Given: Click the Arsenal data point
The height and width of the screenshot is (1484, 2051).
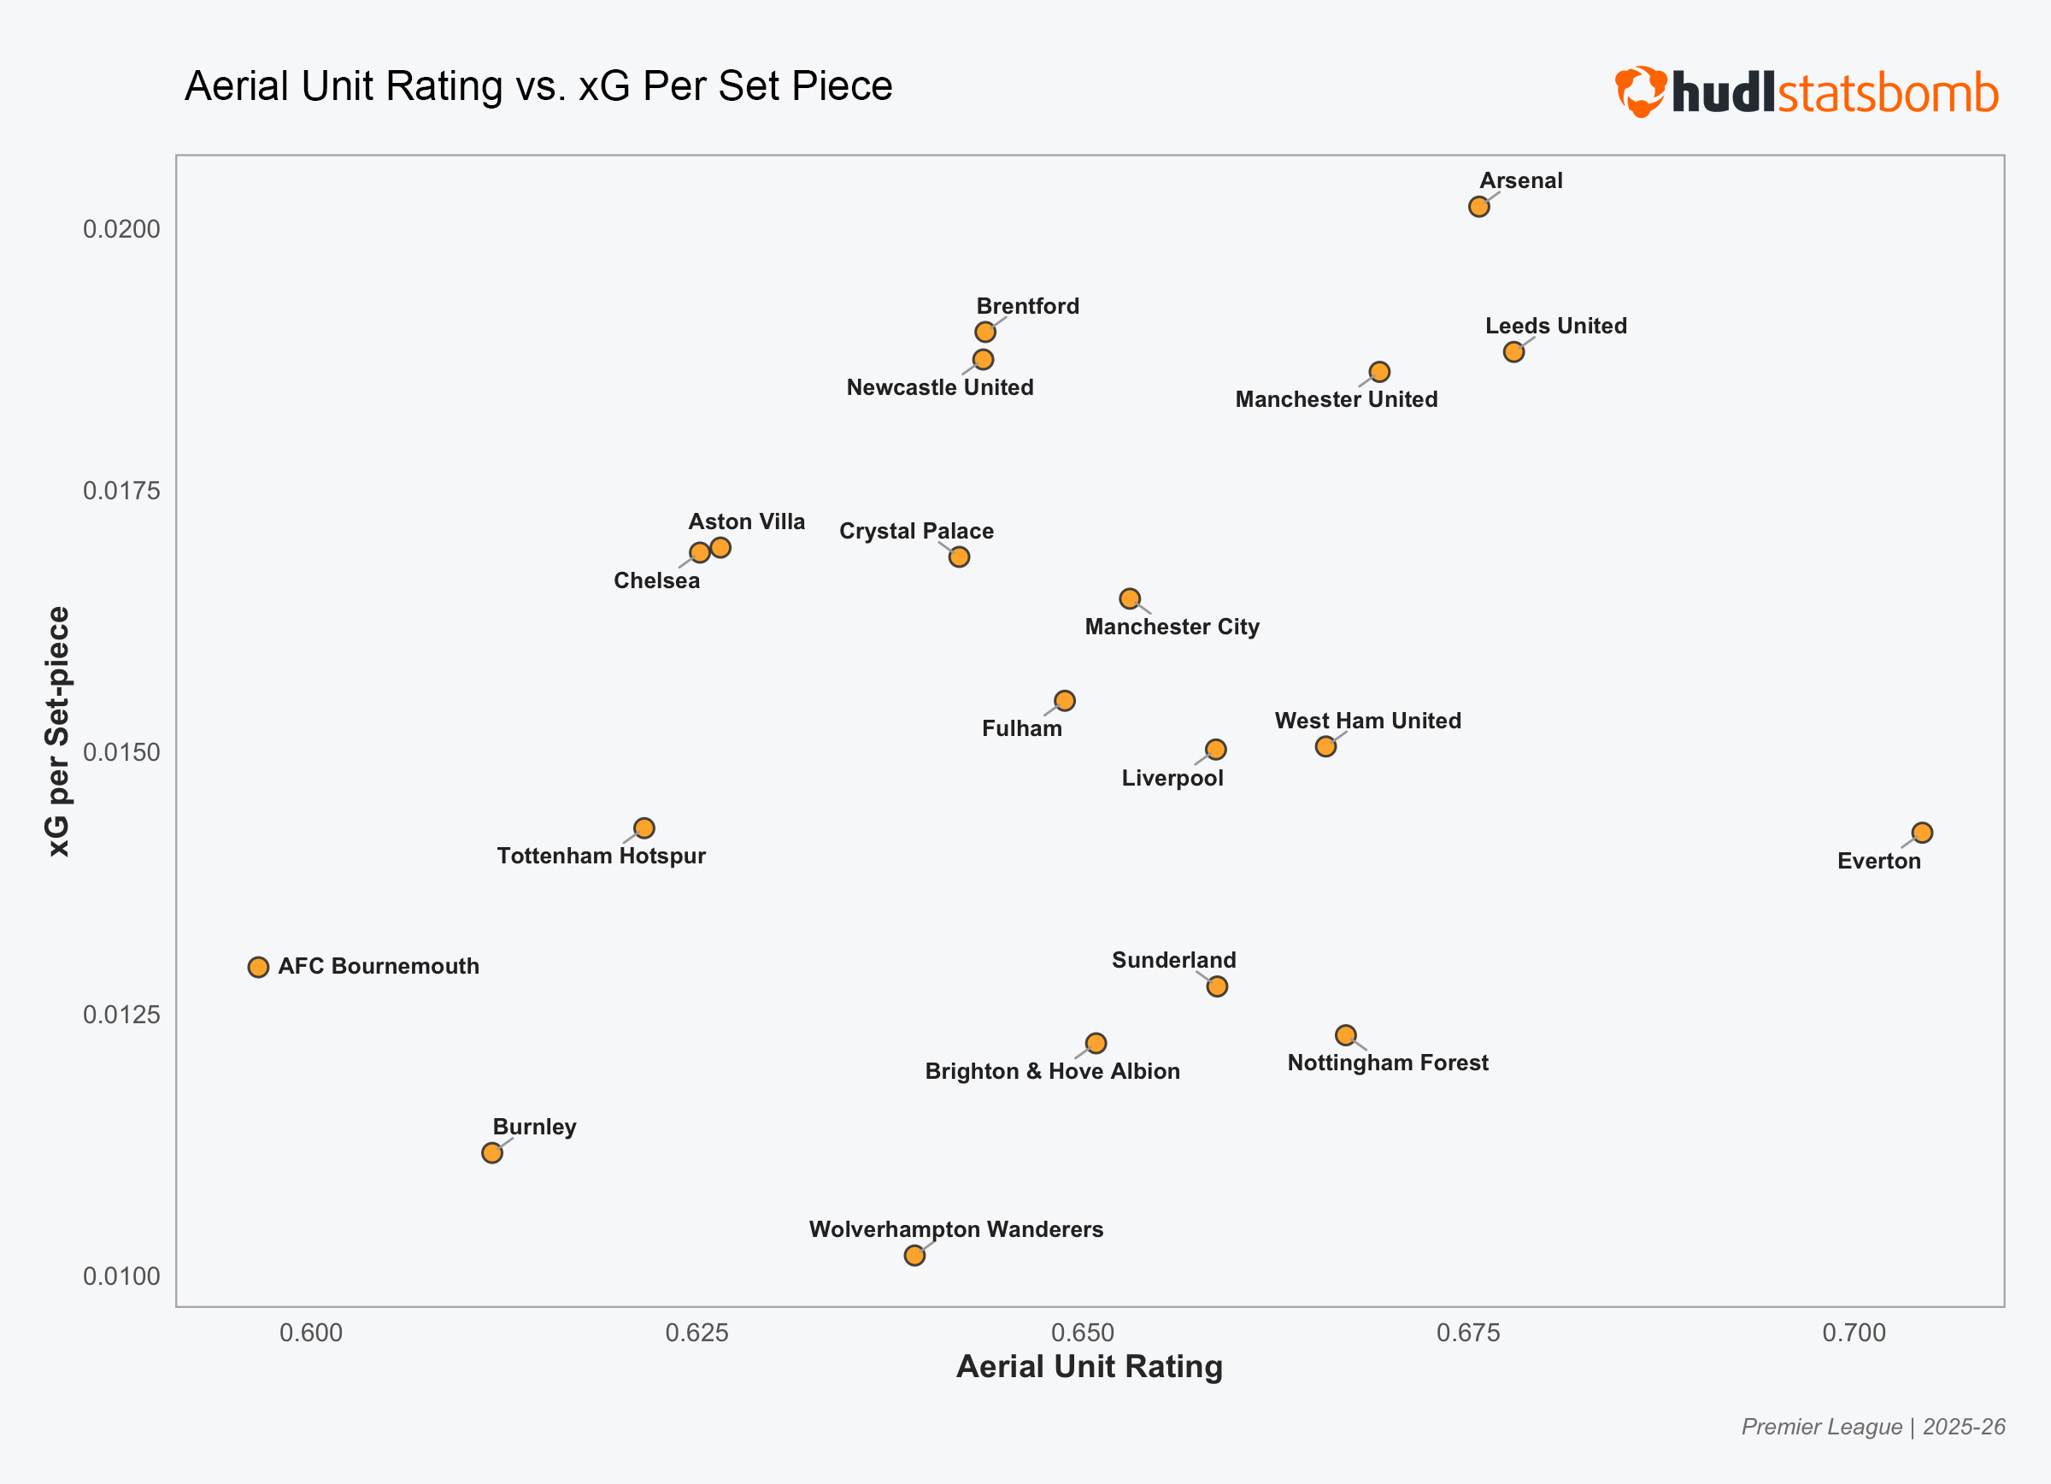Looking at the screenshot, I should pyautogui.click(x=1478, y=207).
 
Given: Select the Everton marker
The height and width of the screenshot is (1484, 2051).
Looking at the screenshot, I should pyautogui.click(x=1922, y=833).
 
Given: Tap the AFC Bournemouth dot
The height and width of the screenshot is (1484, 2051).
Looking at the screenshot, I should pyautogui.click(x=259, y=968).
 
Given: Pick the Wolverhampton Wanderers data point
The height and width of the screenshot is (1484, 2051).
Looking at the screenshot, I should pyautogui.click(x=914, y=1255).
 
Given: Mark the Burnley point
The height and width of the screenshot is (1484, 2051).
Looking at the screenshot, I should pyautogui.click(x=492, y=1153).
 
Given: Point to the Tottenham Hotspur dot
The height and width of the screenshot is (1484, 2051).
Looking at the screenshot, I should pyautogui.click(x=644, y=828).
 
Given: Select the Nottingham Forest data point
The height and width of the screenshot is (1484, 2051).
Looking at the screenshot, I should pyautogui.click(x=1346, y=1035).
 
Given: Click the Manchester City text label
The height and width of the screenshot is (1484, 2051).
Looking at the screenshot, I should pyautogui.click(x=1172, y=627).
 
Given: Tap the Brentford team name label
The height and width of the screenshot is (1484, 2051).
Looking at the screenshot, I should pyautogui.click(x=1027, y=307).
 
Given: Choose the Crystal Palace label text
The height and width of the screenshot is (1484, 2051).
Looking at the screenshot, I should pyautogui.click(x=916, y=531).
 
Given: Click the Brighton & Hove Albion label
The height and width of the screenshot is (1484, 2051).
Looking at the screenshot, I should pyautogui.click(x=1052, y=1072).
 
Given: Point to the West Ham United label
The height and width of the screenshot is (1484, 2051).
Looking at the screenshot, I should pyautogui.click(x=1367, y=721).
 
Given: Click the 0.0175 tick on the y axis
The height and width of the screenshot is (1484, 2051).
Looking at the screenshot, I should pyautogui.click(x=121, y=491).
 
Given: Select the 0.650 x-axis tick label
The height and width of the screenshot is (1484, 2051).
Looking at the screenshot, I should pyautogui.click(x=1083, y=1333).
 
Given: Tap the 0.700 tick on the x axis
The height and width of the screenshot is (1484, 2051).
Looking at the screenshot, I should pyautogui.click(x=1854, y=1333).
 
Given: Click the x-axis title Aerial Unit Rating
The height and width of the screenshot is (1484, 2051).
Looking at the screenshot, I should pyautogui.click(x=1089, y=1366).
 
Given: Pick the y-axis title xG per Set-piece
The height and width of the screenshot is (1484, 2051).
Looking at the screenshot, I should pyautogui.click(x=58, y=731).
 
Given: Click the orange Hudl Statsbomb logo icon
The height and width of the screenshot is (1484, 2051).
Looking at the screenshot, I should pyautogui.click(x=1641, y=91).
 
